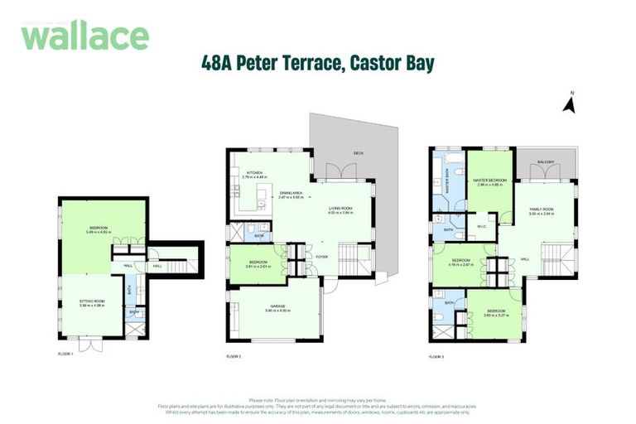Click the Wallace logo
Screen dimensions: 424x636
click(85, 36)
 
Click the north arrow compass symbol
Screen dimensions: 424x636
click(568, 104)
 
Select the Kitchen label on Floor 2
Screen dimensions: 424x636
click(252, 172)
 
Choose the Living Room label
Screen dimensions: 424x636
click(342, 209)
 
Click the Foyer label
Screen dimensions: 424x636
click(321, 257)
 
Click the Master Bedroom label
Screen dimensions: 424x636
click(490, 180)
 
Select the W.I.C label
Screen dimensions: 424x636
click(481, 226)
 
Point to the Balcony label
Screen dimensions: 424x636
click(545, 161)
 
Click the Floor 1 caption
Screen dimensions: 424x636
click(66, 354)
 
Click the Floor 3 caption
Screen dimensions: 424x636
click(436, 356)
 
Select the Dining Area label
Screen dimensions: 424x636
click(290, 193)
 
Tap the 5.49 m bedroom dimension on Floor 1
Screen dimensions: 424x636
click(99, 233)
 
